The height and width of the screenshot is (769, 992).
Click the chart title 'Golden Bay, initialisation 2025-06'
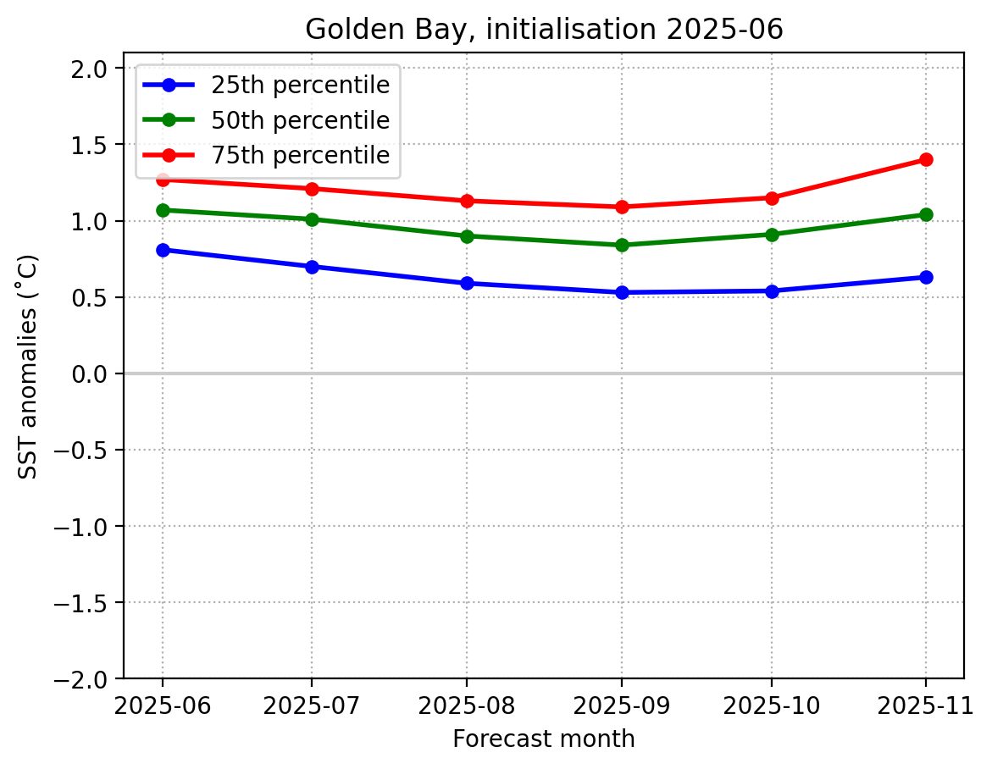pos(544,30)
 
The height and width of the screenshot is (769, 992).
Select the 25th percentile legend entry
pos(268,86)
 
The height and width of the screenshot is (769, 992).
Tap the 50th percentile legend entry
pos(268,120)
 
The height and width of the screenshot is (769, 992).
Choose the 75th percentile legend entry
pos(268,156)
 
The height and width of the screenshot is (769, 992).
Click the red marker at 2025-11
pos(926,159)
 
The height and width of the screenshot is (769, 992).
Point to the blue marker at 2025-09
pos(623,292)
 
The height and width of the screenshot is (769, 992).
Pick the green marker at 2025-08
pos(467,236)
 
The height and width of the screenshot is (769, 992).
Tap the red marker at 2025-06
pos(163,180)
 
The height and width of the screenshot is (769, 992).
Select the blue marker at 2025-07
pos(312,267)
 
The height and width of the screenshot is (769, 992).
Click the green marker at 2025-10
pos(772,235)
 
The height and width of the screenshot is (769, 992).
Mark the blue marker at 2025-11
pos(926,277)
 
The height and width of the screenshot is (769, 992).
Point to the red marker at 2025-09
pos(623,207)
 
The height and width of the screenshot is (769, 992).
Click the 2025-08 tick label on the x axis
pos(467,705)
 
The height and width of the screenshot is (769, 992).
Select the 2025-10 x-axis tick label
pos(772,705)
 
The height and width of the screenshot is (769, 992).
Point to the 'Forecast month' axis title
pos(544,739)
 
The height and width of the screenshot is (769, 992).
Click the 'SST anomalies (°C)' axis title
pos(29,366)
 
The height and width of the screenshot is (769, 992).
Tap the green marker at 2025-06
pos(163,210)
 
